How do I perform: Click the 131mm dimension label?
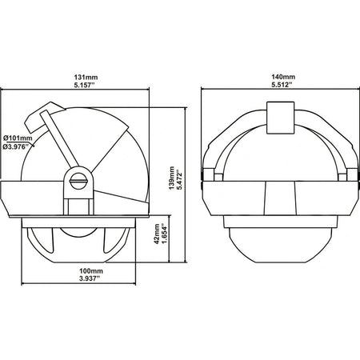tap(86, 78)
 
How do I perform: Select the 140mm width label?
tap(283, 77)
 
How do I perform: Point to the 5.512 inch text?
tap(282, 85)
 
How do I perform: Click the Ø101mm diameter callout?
tap(18, 138)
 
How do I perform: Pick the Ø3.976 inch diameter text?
tap(17, 146)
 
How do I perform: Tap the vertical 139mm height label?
tap(172, 178)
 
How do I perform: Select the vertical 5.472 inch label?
tap(180, 179)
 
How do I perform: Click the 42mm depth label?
tap(157, 234)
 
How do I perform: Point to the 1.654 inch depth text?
tap(165, 234)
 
